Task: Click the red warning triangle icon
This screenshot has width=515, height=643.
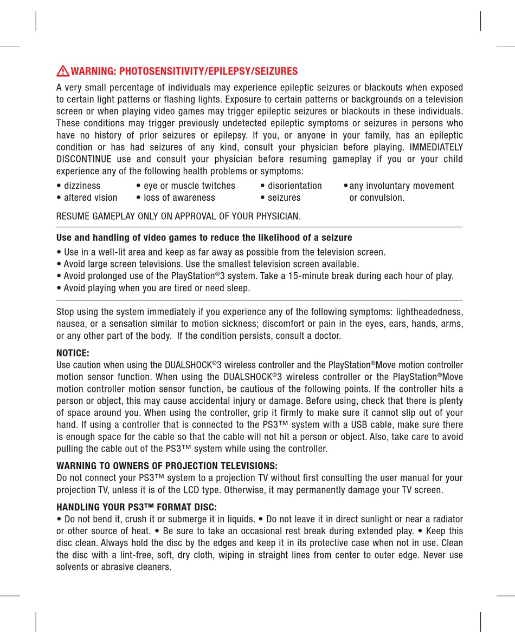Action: pyautogui.click(x=63, y=71)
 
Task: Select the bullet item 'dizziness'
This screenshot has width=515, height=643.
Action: pyautogui.click(x=82, y=186)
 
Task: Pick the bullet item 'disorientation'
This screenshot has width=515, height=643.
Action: pyautogui.click(x=294, y=186)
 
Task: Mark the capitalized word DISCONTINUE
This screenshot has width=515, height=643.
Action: pyautogui.click(x=84, y=159)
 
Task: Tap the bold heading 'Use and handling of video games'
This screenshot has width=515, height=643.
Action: pyautogui.click(x=204, y=238)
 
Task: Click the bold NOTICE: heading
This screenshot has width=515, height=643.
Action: pyautogui.click(x=73, y=353)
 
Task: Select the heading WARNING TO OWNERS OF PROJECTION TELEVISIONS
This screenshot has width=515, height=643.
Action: pyautogui.click(x=167, y=466)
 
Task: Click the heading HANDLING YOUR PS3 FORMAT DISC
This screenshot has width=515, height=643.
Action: pyautogui.click(x=137, y=507)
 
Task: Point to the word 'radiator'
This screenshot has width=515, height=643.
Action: pyautogui.click(x=445, y=519)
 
